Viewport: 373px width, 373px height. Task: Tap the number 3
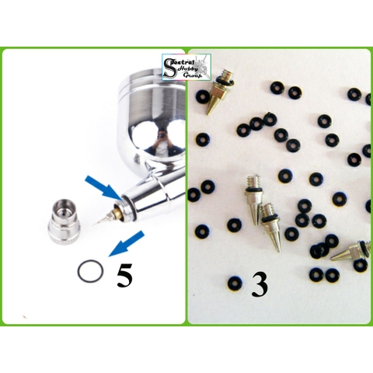[260, 284]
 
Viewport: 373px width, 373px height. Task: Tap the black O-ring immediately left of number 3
[234, 281]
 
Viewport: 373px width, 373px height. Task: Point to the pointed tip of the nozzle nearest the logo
[210, 113]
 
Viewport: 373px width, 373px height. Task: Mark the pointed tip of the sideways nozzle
[334, 259]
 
